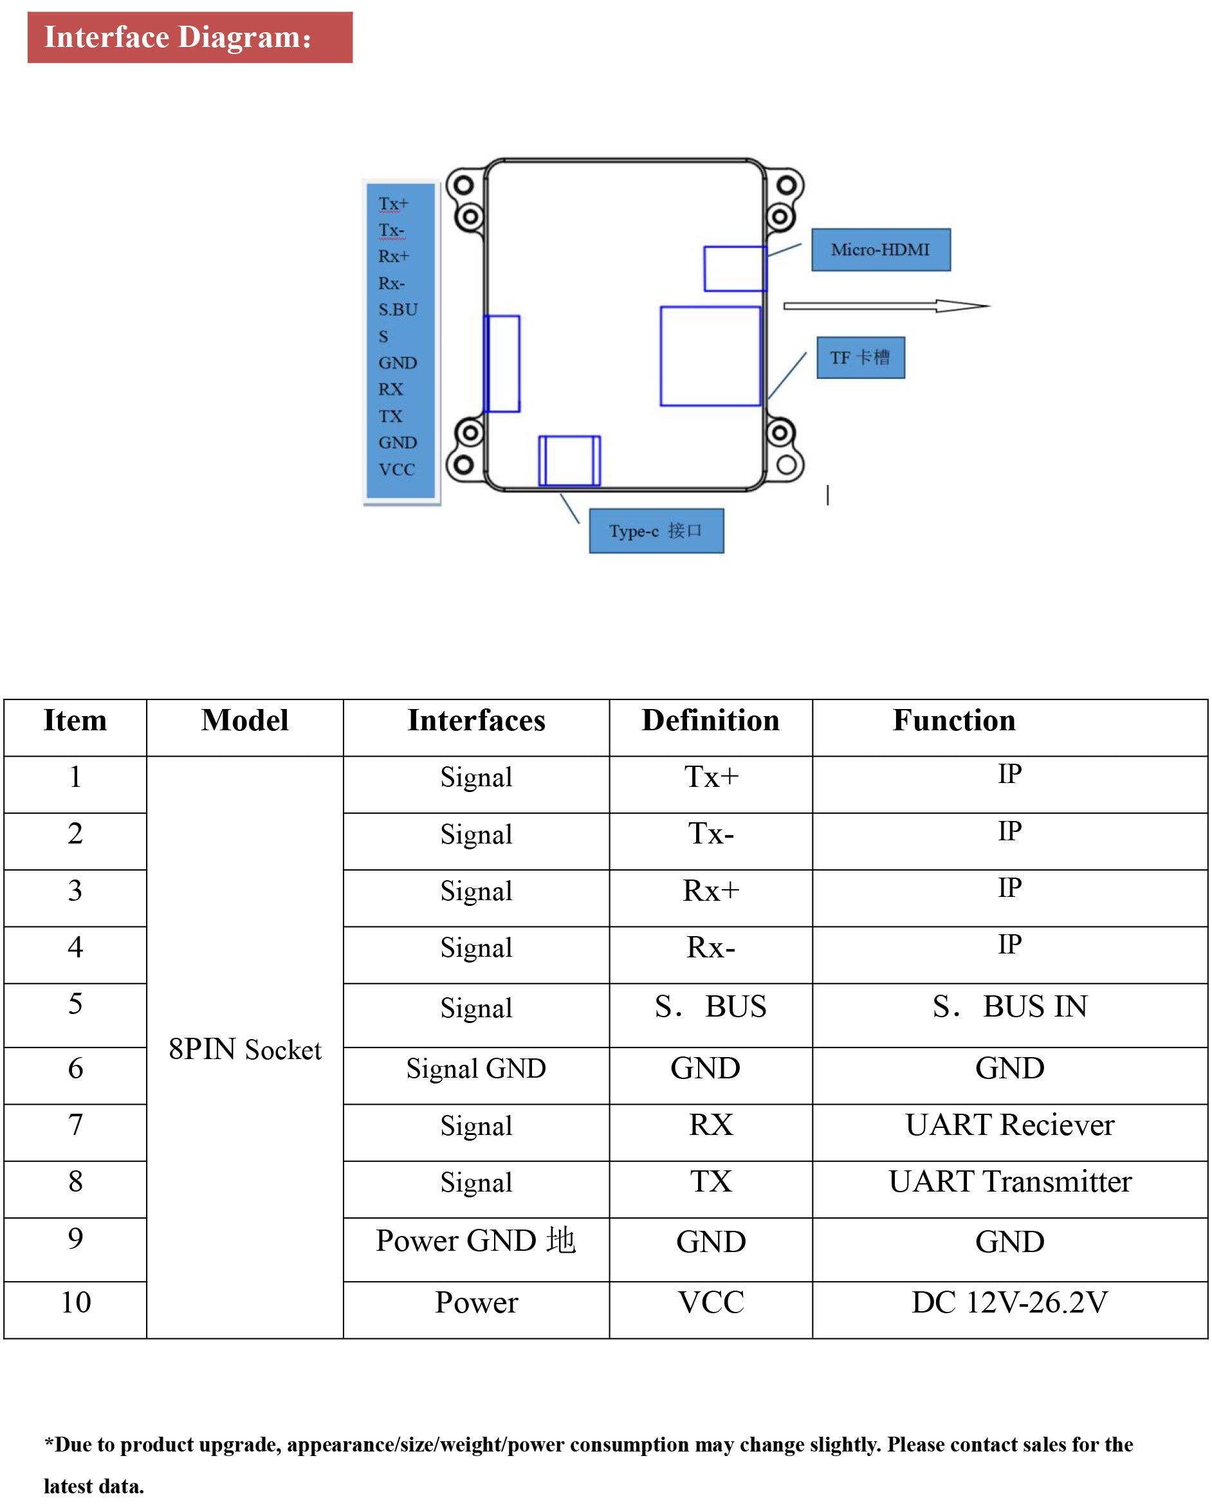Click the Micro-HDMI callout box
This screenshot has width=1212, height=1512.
pyautogui.click(x=880, y=250)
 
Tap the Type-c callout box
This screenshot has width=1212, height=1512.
pyautogui.click(x=656, y=531)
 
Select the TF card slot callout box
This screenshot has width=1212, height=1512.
pyautogui.click(x=860, y=358)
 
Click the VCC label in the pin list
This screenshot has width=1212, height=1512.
pyautogui.click(x=396, y=469)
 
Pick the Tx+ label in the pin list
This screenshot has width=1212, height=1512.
pyautogui.click(x=393, y=203)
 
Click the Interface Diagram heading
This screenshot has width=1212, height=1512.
pyautogui.click(x=178, y=37)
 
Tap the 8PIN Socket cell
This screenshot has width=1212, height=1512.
pyautogui.click(x=245, y=1049)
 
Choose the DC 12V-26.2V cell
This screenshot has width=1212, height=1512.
pyautogui.click(x=1009, y=1302)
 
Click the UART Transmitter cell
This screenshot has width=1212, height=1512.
pyautogui.click(x=1009, y=1182)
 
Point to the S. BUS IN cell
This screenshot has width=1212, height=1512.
pyautogui.click(x=1009, y=1006)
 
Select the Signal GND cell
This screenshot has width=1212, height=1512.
pyautogui.click(x=475, y=1068)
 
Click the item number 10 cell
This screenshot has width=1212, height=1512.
pyautogui.click(x=76, y=1302)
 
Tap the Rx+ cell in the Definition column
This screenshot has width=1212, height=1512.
pyautogui.click(x=710, y=890)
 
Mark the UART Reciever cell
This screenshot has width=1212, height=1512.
pyautogui.click(x=1009, y=1125)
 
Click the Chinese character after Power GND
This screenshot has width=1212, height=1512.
pyautogui.click(x=561, y=1240)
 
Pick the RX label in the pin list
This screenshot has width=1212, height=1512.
pyautogui.click(x=390, y=389)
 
